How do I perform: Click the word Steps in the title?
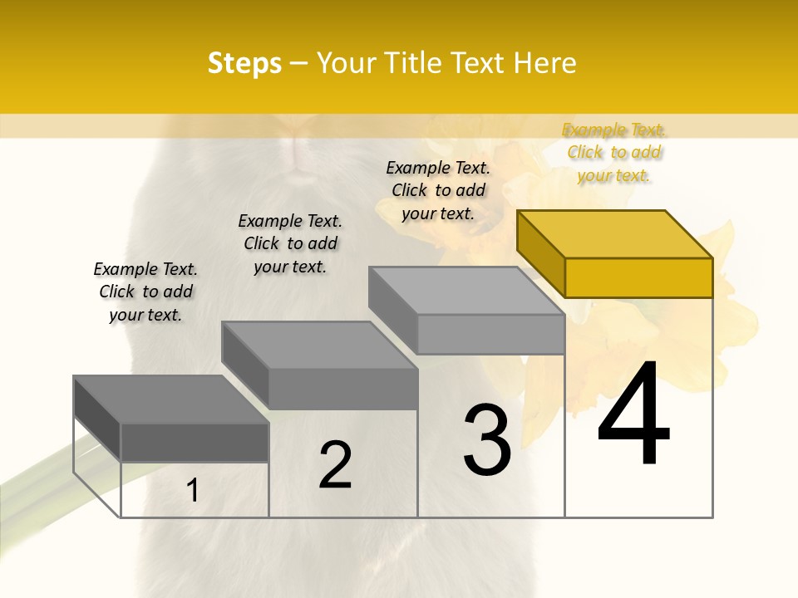244,63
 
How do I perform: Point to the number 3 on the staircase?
487,439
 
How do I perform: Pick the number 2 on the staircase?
336,465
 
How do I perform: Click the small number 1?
193,491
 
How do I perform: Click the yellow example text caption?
614,153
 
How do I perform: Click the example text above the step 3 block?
438,190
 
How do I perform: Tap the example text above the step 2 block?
290,243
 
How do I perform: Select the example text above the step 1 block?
145,292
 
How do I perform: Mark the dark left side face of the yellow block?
540,253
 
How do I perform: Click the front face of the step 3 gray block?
490,334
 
